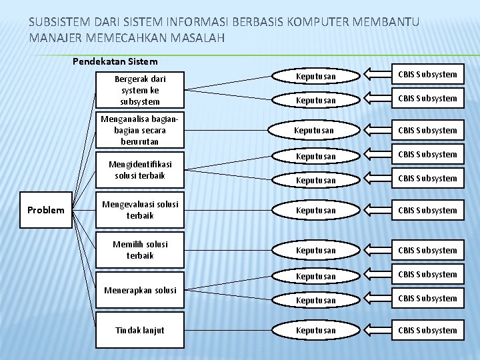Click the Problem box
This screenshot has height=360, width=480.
46,211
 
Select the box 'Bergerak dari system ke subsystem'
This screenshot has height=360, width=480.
140,90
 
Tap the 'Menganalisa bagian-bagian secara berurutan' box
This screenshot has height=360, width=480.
140,130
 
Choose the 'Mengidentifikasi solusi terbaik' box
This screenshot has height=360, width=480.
140,170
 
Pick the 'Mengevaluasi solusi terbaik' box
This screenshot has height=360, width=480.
140,210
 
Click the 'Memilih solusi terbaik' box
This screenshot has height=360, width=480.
140,250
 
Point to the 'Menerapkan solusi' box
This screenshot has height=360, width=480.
140,290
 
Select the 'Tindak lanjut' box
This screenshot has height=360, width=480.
140,330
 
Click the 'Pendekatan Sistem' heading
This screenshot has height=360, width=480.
115,61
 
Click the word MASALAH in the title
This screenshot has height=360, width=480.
196,37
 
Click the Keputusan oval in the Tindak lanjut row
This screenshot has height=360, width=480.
316,330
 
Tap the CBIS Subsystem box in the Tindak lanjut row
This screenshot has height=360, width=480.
427,330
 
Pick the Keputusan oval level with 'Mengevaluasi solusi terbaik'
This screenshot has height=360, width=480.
316,210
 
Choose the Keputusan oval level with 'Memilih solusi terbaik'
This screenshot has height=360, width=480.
316,250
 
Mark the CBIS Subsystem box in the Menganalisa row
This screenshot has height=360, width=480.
427,130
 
